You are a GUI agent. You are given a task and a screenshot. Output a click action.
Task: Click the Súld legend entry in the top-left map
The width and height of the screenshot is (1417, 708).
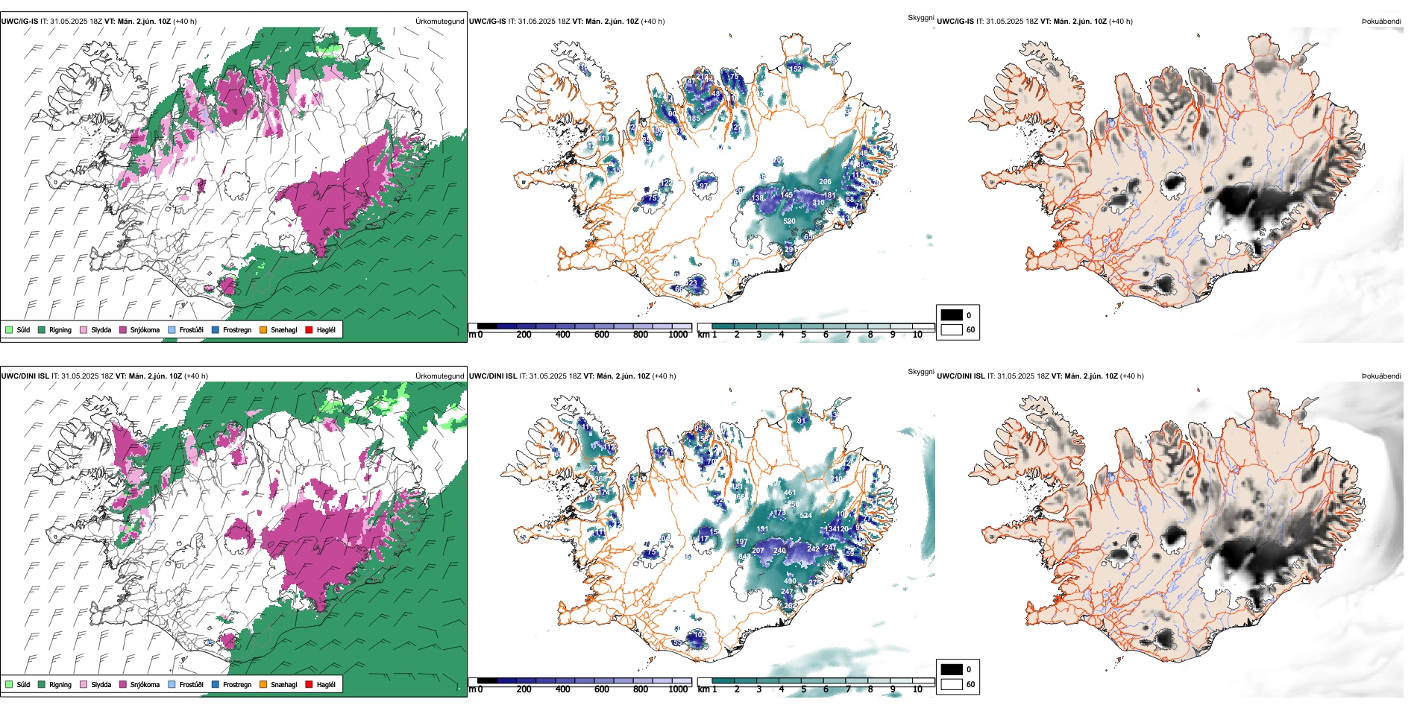(x=18, y=330)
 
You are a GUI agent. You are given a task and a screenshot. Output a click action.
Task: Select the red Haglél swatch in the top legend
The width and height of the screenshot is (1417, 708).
(x=310, y=330)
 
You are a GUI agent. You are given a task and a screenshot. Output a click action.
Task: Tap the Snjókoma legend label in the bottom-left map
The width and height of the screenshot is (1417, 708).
(x=145, y=685)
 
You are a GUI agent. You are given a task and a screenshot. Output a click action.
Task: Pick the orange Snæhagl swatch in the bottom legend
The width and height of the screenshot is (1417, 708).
(x=263, y=685)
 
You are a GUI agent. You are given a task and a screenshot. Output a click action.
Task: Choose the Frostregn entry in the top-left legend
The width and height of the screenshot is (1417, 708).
(x=232, y=330)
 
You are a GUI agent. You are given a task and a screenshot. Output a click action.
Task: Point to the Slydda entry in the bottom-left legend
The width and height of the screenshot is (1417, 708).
(x=96, y=685)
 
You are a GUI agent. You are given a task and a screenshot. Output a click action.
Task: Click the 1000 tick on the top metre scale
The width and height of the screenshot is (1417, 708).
(x=678, y=335)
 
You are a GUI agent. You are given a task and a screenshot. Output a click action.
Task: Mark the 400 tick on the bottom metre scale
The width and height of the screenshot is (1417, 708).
(x=562, y=689)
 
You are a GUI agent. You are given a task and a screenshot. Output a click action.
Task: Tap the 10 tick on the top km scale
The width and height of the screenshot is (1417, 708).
(x=917, y=335)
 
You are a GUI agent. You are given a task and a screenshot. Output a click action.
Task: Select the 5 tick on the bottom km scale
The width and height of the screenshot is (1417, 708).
(x=803, y=689)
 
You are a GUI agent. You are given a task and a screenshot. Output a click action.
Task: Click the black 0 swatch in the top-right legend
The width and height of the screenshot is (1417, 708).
(x=952, y=315)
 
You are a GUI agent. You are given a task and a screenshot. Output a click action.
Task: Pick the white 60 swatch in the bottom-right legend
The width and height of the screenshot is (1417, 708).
(x=952, y=684)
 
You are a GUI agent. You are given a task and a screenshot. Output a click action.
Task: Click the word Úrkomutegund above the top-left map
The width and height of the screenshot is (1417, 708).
(x=439, y=22)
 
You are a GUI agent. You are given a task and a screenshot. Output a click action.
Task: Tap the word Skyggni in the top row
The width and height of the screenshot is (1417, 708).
(x=920, y=18)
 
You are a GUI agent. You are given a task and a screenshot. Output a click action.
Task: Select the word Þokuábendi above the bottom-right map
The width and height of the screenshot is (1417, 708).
(x=1381, y=376)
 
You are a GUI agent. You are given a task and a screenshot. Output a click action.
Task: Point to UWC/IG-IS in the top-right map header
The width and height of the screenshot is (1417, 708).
(x=955, y=22)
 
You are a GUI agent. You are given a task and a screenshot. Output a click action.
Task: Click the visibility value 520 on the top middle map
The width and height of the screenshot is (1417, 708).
(x=789, y=221)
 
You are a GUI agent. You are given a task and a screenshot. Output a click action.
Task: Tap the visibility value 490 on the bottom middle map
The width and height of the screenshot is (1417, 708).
(x=790, y=581)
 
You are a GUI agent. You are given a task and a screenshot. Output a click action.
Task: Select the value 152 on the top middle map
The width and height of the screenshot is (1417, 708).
(x=796, y=69)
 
